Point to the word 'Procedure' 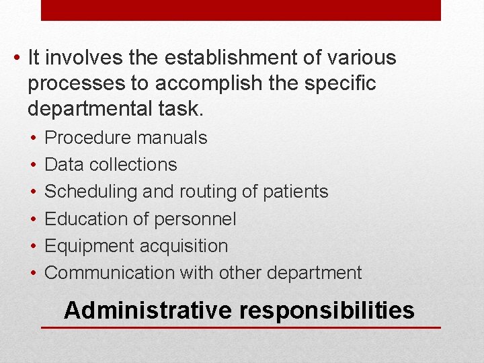tap(87, 138)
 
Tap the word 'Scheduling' tap(90, 192)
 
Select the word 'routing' tap(206, 192)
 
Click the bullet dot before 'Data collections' tap(33, 165)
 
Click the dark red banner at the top tap(241, 10)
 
